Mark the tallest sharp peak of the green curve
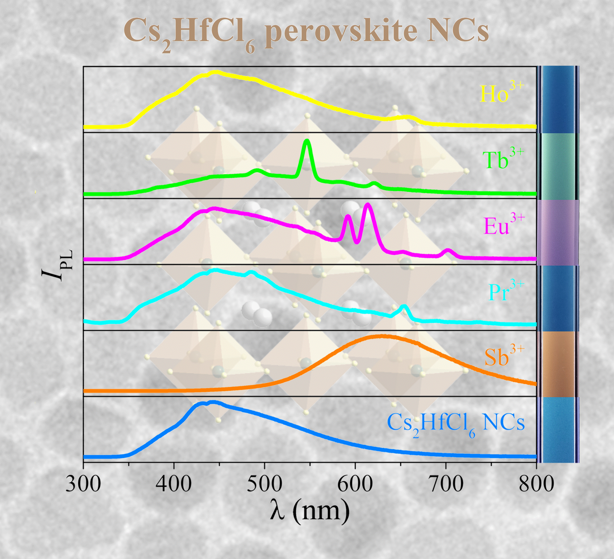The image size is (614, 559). click(307, 141)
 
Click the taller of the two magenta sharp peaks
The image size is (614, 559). click(368, 205)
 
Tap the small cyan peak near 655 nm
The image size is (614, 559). click(404, 307)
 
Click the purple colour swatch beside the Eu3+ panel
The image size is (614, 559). click(558, 232)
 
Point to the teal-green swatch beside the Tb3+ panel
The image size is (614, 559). click(558, 166)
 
